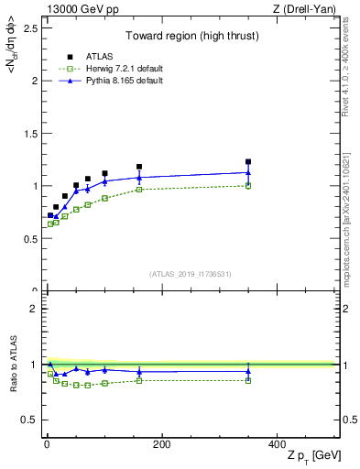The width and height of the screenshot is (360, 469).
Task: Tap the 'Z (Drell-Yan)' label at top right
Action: [306, 9]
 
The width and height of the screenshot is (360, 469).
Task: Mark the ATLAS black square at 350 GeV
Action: [248, 161]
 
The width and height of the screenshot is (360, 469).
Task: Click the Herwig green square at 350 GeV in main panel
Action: [248, 186]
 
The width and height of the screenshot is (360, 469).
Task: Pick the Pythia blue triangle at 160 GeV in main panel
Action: [139, 178]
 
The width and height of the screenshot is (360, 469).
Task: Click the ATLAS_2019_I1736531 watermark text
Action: [191, 274]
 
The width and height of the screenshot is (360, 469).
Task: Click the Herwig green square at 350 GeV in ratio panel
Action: [248, 380]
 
